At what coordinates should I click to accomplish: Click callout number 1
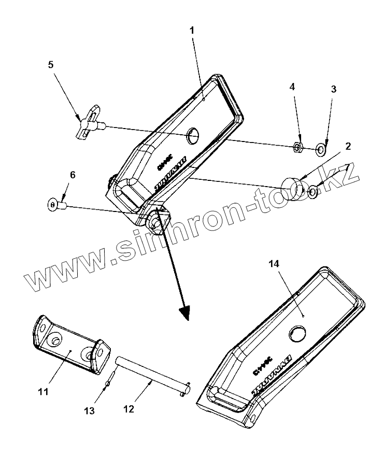192,30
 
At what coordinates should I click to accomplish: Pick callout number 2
348,146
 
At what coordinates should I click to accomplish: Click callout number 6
73,175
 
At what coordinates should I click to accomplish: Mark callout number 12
129,409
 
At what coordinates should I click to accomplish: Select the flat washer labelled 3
321,150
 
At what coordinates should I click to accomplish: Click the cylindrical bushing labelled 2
293,188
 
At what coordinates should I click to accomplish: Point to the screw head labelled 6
53,205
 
